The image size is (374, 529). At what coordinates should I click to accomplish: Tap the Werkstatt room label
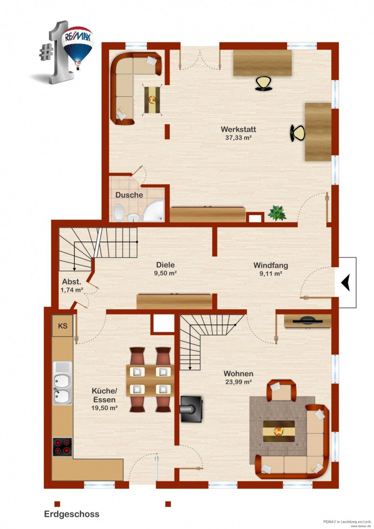(238, 130)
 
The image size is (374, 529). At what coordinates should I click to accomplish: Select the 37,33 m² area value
(238, 138)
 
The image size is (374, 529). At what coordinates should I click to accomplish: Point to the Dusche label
(129, 195)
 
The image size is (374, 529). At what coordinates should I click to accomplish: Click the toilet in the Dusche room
(119, 213)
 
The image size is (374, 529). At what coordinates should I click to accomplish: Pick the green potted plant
(277, 213)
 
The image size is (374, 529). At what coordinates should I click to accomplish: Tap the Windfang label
(271, 265)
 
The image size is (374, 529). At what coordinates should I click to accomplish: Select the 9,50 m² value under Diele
(165, 273)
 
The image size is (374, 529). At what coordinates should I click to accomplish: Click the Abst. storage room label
(72, 282)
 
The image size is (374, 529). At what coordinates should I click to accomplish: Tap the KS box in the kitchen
(63, 326)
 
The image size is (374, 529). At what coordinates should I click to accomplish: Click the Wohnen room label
(238, 374)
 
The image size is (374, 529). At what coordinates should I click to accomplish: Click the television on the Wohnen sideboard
(307, 321)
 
